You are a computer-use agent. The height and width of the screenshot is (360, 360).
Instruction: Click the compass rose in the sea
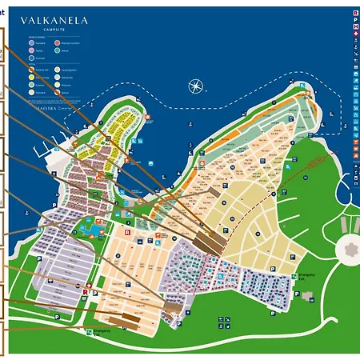point(194,86)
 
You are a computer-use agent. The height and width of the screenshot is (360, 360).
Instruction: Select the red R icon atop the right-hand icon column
point(355,14)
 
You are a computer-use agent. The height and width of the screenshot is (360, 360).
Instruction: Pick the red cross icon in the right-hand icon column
point(355,34)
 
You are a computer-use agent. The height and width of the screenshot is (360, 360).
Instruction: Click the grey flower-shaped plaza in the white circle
point(349,250)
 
